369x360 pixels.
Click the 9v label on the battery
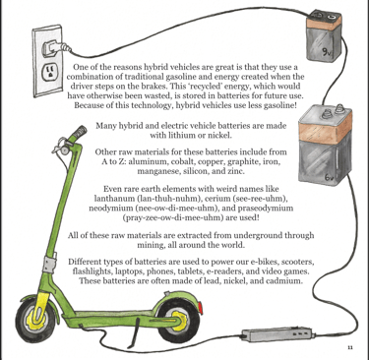tap(326, 52)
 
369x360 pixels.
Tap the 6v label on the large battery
tap(329, 177)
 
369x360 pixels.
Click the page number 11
tap(349, 347)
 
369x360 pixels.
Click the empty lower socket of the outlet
tap(49, 73)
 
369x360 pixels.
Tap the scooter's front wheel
tap(36, 319)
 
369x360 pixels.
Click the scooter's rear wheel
tap(176, 319)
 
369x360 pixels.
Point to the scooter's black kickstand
tap(134, 331)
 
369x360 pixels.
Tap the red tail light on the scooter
tap(200, 308)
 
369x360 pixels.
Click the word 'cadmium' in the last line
tap(284, 281)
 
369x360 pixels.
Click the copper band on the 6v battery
tap(325, 130)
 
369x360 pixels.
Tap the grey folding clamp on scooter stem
tap(49, 264)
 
